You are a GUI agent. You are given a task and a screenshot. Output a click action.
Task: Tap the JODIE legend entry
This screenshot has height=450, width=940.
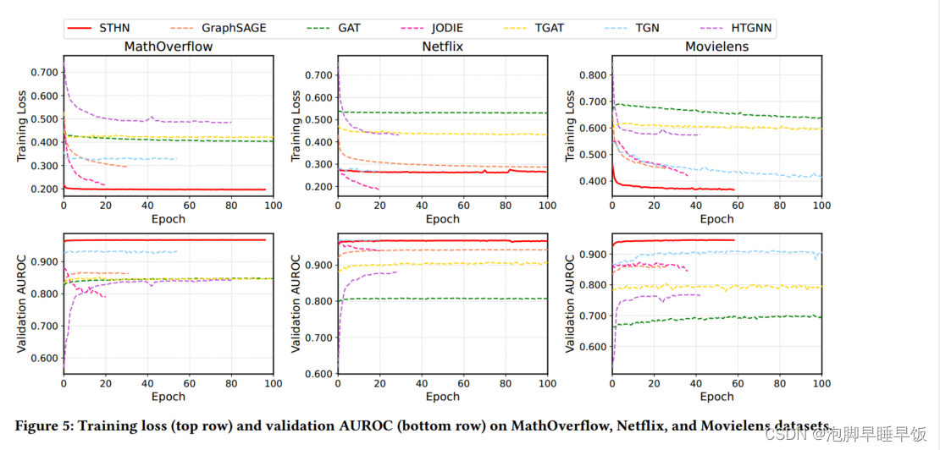[x=439, y=28]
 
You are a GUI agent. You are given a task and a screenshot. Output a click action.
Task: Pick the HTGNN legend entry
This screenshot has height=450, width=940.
[x=749, y=28]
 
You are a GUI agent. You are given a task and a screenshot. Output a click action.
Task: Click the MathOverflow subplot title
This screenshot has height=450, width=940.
[x=168, y=46]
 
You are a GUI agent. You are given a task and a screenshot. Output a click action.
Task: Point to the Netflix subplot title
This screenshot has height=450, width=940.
[x=442, y=46]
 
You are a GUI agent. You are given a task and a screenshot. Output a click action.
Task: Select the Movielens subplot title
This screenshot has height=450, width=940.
[x=716, y=46]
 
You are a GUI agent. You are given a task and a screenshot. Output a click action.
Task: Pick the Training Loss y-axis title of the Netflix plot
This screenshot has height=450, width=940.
[x=296, y=128]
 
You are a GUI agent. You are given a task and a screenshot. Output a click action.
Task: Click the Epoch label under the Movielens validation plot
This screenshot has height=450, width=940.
[x=716, y=397]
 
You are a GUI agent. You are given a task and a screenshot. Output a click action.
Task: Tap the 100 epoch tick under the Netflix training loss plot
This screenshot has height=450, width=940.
[x=546, y=206]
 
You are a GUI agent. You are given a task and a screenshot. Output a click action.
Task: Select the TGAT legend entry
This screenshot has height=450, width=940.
[x=549, y=28]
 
